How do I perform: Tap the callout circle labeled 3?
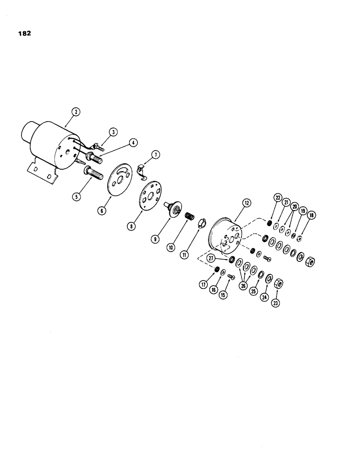(x=112, y=132)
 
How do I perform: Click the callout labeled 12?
(x=246, y=203)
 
